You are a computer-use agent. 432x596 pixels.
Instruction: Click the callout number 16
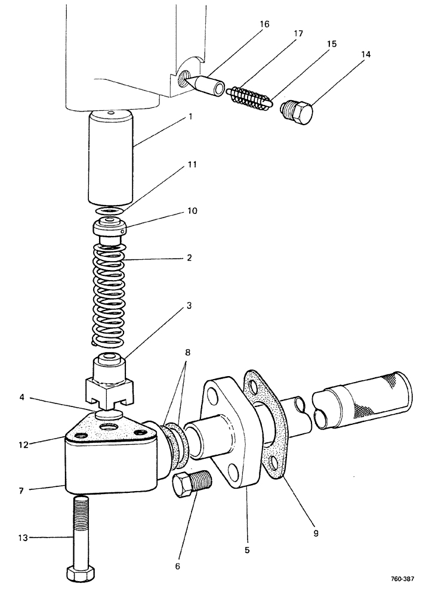click(x=264, y=24)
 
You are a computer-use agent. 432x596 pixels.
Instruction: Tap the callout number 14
click(x=365, y=54)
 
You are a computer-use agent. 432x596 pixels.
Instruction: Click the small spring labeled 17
click(x=250, y=98)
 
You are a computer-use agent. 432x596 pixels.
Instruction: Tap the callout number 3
click(x=188, y=306)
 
